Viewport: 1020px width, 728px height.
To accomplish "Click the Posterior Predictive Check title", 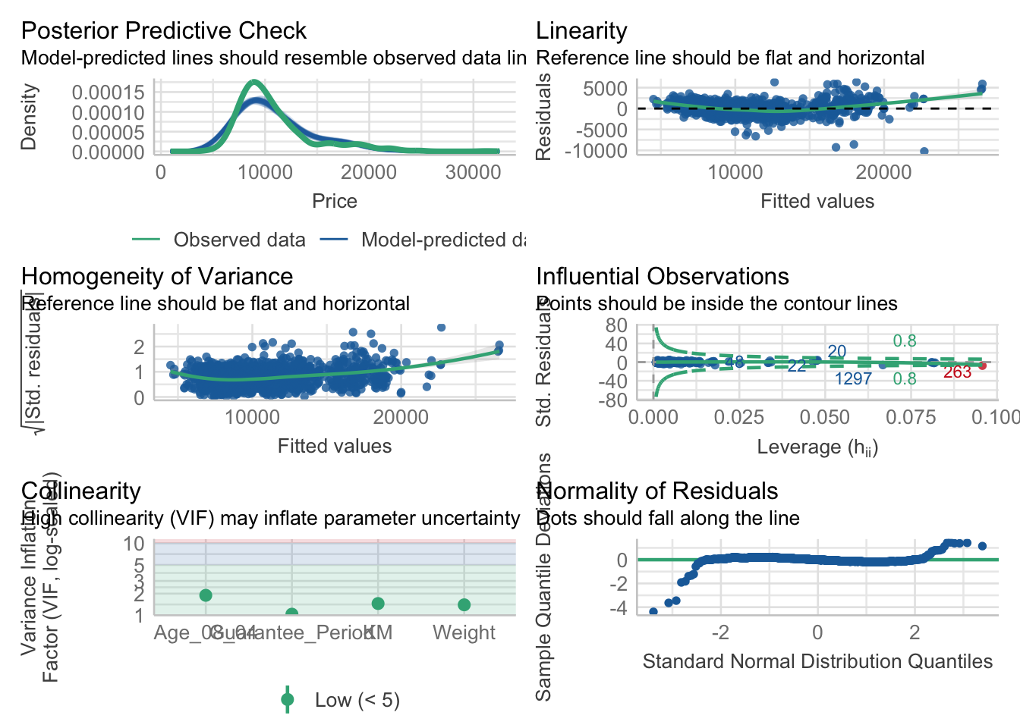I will point(163,30).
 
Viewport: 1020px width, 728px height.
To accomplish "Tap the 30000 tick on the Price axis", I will point(473,172).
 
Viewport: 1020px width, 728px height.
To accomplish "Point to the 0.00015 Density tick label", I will point(108,93).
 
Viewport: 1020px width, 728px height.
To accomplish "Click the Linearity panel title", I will point(581,30).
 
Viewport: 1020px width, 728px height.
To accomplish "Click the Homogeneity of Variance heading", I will point(157,276).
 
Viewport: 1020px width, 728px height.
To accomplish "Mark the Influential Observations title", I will point(663,276).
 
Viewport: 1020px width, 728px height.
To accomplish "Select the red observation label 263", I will point(957,372).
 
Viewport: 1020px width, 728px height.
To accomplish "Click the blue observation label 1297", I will point(853,379).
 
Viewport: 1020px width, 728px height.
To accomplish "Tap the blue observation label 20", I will point(836,352).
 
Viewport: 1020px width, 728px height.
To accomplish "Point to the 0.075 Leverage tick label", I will point(911,417).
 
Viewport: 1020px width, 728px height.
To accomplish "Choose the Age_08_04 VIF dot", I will point(206,595).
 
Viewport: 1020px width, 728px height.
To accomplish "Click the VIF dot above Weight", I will point(464,604).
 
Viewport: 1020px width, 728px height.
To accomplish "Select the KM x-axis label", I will point(378,632).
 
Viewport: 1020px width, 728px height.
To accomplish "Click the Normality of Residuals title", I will point(656,491).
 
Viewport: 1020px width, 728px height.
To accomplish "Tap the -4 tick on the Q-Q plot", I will point(622,608).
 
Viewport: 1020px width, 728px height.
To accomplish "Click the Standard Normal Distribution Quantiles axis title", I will point(817,661).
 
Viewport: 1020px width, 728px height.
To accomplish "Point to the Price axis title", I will point(334,201).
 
